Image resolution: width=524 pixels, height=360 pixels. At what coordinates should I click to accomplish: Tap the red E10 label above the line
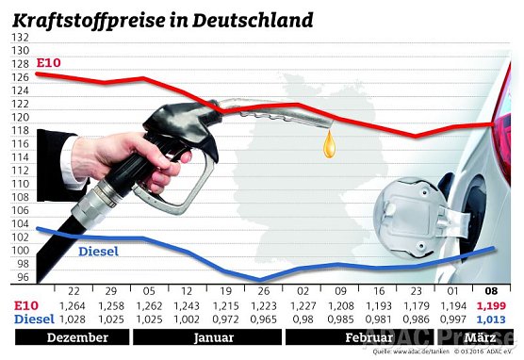pos(47,63)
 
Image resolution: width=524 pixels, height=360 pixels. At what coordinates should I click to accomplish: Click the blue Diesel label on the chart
pos(97,252)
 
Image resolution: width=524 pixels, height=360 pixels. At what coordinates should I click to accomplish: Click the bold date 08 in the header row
pos(491,291)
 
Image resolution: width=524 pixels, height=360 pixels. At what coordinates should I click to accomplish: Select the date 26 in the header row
pos(259,291)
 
